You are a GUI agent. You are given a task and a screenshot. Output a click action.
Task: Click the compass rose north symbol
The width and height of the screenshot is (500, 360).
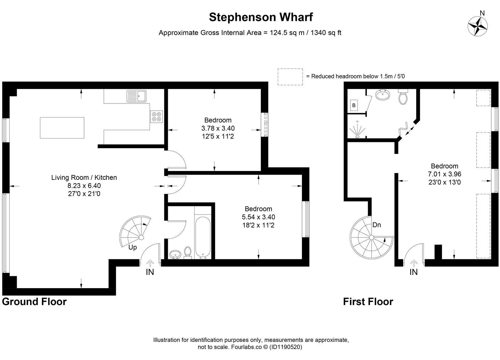click(x=477, y=26)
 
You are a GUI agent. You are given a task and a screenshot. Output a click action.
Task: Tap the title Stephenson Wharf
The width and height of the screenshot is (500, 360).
click(x=261, y=17)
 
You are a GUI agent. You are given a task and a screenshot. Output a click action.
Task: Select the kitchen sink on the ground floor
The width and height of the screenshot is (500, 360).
click(x=136, y=96)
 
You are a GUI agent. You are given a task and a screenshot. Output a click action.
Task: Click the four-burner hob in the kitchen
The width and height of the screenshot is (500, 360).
click(x=157, y=117)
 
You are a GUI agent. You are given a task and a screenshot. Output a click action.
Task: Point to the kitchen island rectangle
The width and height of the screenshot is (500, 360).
click(x=62, y=128)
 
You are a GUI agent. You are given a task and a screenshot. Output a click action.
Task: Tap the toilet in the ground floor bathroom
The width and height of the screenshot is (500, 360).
click(x=187, y=252)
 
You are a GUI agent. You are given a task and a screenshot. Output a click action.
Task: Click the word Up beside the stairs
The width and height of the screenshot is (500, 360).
click(x=132, y=247)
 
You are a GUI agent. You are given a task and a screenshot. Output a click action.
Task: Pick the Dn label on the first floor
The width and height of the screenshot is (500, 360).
click(x=377, y=225)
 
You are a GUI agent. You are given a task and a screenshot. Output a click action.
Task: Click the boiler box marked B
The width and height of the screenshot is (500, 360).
click(x=354, y=105)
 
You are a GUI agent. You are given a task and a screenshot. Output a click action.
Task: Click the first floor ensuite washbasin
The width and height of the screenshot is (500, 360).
click(x=382, y=95)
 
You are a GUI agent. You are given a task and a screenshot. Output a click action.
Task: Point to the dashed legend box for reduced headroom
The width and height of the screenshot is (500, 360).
click(x=290, y=77)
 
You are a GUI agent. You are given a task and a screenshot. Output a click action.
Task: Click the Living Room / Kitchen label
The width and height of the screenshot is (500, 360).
click(x=84, y=177)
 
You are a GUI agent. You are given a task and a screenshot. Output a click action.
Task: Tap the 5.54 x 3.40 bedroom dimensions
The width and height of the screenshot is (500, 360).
click(x=258, y=217)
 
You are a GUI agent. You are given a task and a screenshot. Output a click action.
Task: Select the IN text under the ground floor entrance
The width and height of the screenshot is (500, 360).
click(x=150, y=272)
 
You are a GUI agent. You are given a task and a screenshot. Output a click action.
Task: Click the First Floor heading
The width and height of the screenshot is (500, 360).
click(x=368, y=302)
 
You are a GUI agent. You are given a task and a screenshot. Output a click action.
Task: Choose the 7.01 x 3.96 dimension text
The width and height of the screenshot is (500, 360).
click(x=445, y=174)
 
